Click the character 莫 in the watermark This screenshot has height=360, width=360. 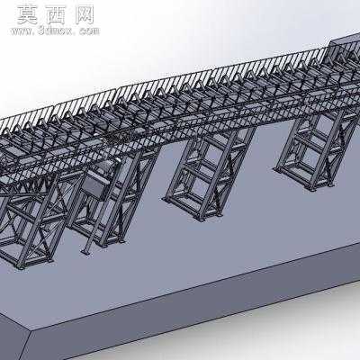[27, 15]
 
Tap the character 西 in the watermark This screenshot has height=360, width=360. [56, 15]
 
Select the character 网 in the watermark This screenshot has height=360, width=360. [85, 15]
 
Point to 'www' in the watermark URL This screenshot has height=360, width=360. [22, 31]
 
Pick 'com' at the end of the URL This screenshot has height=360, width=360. [89, 31]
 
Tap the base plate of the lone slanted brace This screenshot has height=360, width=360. [85, 251]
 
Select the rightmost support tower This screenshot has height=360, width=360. [317, 151]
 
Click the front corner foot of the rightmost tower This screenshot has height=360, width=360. [312, 189]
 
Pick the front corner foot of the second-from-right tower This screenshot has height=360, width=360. [202, 220]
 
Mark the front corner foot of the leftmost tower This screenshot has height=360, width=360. [21, 266]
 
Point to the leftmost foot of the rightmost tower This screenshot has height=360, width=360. [277, 169]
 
